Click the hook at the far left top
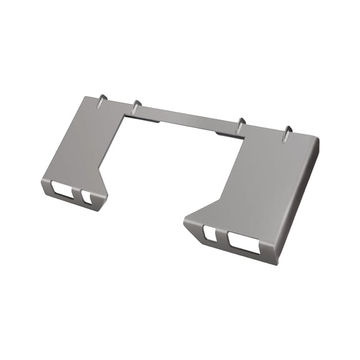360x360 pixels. (102, 99)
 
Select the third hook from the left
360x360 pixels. (240, 123)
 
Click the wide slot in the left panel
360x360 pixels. (63, 188)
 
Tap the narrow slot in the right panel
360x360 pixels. (210, 234)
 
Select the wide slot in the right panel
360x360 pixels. (243, 242)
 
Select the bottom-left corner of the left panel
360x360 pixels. (43, 186)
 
